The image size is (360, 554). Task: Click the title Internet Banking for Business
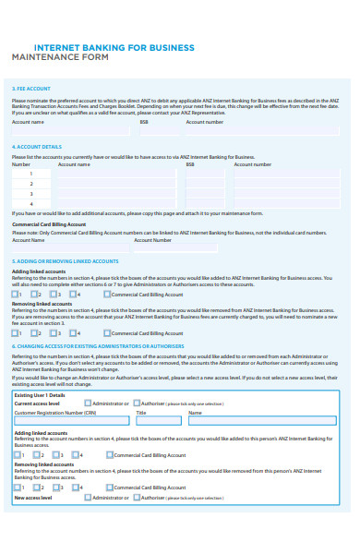point(114,47)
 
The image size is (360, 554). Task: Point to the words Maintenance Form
point(60,58)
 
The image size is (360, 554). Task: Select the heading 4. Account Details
point(38,146)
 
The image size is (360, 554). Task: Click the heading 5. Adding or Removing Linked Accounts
point(66,261)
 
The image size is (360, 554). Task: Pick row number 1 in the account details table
point(31,174)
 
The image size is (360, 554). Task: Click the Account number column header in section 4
point(253,164)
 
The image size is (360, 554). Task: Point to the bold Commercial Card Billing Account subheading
point(49,224)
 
